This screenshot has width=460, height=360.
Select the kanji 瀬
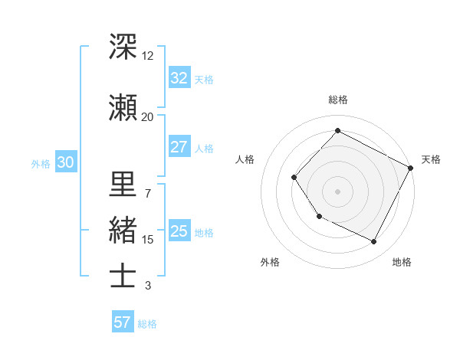(123, 107)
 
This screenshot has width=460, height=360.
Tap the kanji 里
(123, 184)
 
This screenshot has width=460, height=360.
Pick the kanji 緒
(123, 230)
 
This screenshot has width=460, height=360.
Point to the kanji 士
(123, 276)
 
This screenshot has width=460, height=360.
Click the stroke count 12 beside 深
(148, 56)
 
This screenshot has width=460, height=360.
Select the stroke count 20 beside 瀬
(148, 116)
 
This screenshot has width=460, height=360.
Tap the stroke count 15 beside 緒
(148, 240)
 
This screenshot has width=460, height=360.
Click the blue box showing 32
(179, 78)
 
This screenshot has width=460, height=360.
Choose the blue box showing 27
(179, 147)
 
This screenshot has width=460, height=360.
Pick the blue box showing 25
(179, 232)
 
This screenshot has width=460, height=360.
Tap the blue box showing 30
(65, 162)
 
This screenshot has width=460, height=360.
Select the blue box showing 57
(122, 322)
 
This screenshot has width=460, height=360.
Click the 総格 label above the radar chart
(337, 100)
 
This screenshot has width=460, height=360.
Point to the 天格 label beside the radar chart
(431, 159)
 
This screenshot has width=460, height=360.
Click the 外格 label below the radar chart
(270, 262)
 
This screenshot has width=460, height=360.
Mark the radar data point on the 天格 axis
(411, 168)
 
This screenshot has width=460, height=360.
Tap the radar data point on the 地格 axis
(374, 241)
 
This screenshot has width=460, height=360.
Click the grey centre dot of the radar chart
(337, 191)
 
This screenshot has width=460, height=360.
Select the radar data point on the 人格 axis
(294, 178)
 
